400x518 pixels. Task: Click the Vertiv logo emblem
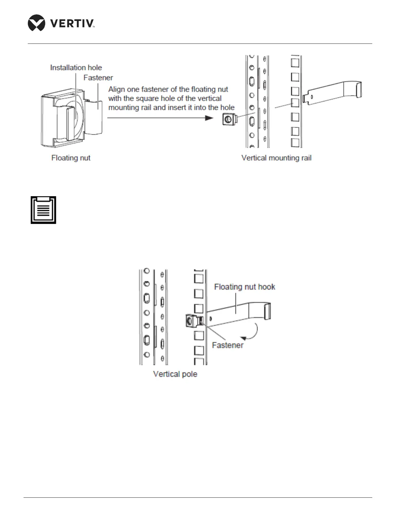[x=36, y=23]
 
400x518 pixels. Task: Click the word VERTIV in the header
[x=72, y=23]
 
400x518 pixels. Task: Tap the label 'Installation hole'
[x=76, y=68]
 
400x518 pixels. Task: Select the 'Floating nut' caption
[x=71, y=158]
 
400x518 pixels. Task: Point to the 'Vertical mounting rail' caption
[x=276, y=158]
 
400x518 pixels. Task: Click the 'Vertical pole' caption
[x=175, y=374]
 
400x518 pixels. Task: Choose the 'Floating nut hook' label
[x=244, y=287]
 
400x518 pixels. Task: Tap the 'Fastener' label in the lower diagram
[x=227, y=345]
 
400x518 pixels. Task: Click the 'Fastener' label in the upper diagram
[x=98, y=78]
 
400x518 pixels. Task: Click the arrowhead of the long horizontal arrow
[x=209, y=118]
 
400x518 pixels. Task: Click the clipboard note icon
[x=43, y=210]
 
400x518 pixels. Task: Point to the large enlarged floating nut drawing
[x=70, y=119]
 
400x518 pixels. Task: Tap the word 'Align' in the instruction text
[x=116, y=89]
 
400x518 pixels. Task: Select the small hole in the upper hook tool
[x=312, y=97]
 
